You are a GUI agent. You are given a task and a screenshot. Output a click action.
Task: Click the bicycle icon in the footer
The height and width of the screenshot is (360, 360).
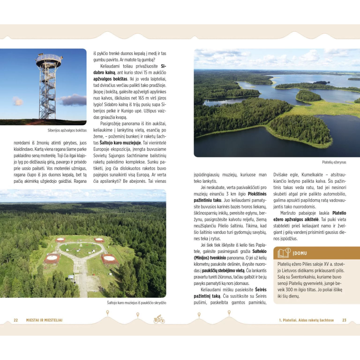[159, 319]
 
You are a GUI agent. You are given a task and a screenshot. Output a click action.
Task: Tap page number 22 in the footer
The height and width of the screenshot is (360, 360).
[16, 320]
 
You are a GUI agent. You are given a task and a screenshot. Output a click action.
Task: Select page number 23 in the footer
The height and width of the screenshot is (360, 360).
[344, 320]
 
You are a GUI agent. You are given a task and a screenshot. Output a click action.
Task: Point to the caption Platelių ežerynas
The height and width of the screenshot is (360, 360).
[334, 162]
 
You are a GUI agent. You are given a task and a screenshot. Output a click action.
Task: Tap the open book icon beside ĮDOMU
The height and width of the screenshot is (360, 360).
[283, 253]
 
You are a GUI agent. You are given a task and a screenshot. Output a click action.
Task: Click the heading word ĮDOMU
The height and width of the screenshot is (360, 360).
[301, 253]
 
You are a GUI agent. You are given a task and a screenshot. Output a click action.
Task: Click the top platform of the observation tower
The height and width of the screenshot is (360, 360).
[49, 59]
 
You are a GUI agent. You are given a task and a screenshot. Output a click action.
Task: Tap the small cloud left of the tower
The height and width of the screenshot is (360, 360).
[18, 101]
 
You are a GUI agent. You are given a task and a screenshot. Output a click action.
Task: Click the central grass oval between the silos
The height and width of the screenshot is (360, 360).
[80, 250]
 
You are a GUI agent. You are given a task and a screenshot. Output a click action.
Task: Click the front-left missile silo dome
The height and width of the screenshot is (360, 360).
[52, 258]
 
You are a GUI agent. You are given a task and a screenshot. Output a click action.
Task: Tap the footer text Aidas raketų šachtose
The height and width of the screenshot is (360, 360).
[312, 320]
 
